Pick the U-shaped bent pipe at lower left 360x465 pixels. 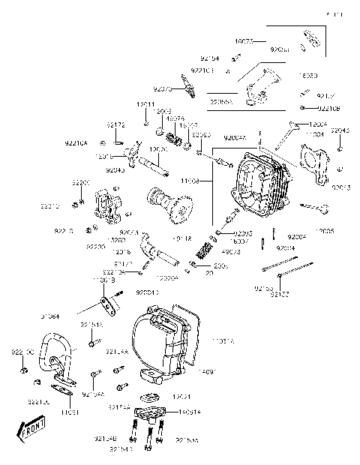coord(57,361)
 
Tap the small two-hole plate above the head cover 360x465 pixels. coord(109,304)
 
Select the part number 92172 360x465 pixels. coord(115,125)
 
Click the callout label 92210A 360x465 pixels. coord(76,142)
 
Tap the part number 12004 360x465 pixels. coord(318,123)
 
